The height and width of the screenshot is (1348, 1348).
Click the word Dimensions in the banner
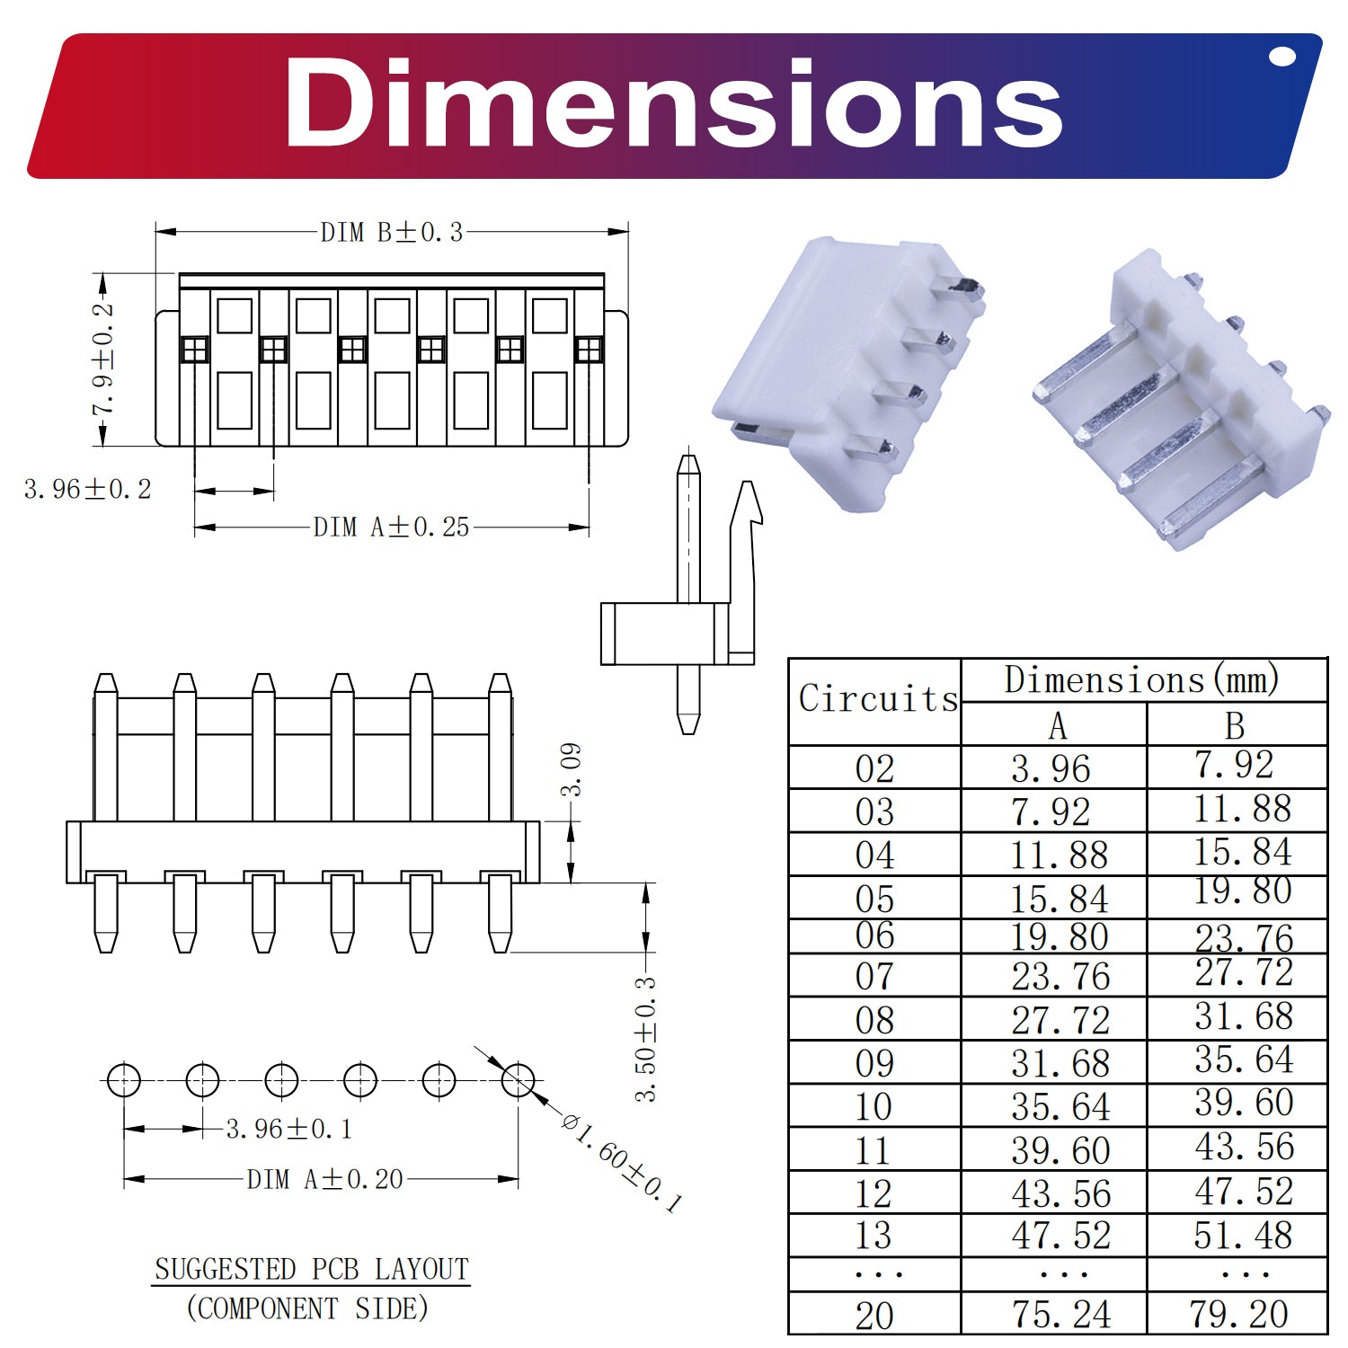[x=674, y=103]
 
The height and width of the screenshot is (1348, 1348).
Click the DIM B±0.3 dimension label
[x=392, y=232]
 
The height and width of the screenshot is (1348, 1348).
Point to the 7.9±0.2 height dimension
[x=103, y=359]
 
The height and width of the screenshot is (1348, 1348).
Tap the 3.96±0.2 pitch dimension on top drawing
[x=88, y=489]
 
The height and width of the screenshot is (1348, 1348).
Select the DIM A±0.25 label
[x=391, y=527]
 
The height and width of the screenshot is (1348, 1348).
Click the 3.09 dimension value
[x=571, y=769]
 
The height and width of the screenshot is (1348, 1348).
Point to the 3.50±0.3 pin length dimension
[x=645, y=1040]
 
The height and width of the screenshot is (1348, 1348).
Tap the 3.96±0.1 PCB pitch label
[x=288, y=1129]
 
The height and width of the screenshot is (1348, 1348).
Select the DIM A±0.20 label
[x=325, y=1179]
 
